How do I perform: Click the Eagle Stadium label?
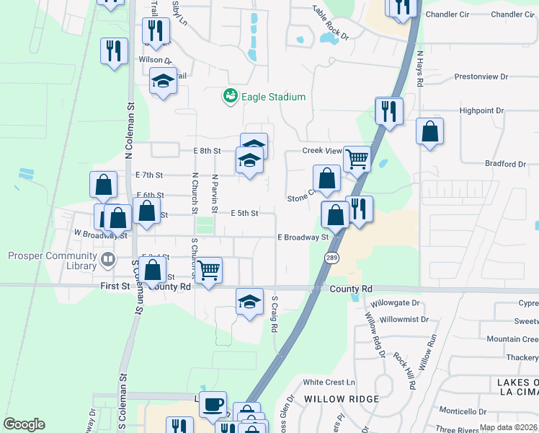click(x=273, y=97)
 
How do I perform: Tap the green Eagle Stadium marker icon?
click(x=231, y=96)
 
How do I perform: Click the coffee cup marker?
click(x=213, y=404)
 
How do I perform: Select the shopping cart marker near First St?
click(x=208, y=270)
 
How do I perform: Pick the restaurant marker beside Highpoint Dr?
click(x=389, y=111)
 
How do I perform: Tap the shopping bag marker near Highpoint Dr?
click(x=429, y=131)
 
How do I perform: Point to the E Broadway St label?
click(x=303, y=237)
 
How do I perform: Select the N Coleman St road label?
click(x=130, y=130)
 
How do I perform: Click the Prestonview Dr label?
click(x=481, y=76)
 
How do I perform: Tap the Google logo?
click(x=24, y=424)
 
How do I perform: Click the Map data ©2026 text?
click(x=508, y=427)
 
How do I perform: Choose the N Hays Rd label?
click(x=419, y=69)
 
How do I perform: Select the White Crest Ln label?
click(x=329, y=382)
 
